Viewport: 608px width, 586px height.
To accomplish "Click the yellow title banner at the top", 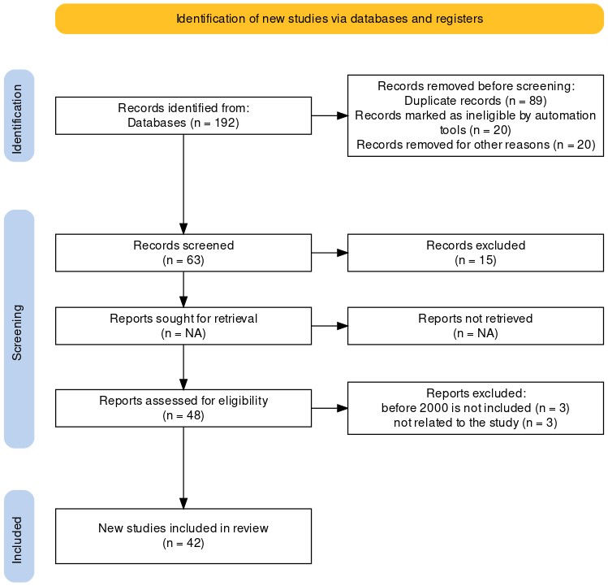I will pos(330,18).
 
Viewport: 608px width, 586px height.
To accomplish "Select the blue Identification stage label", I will pos(19,115).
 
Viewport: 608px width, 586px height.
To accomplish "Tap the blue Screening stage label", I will pos(19,328).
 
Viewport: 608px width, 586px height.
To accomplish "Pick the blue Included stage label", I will pos(19,536).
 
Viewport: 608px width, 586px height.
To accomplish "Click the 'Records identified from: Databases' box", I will pos(183,115).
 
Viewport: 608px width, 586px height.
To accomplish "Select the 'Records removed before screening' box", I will pos(475,115).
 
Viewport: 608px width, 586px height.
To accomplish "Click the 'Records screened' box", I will pos(183,253).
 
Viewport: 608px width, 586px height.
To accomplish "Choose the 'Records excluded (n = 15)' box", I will pos(475,253).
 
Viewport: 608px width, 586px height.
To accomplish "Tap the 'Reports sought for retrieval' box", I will pos(183,326).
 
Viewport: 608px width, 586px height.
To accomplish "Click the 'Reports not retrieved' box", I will pos(475,326).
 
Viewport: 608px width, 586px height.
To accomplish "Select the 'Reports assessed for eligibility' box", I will pos(183,408).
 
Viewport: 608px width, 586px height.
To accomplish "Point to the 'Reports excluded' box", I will pos(475,408).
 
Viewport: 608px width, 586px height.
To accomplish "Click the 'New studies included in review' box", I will pos(183,536).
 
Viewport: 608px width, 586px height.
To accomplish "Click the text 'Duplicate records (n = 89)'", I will pos(476,101).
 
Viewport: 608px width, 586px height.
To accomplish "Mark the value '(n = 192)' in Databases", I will pos(213,123).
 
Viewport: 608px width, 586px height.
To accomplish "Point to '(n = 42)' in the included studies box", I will pos(183,543).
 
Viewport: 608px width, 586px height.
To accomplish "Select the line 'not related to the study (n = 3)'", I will pos(476,423).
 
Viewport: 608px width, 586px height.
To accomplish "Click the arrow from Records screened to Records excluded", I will pos(330,253).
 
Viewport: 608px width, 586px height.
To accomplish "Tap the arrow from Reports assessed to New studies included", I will pos(183,467).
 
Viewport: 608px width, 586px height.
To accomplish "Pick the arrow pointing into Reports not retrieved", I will pos(330,326).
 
